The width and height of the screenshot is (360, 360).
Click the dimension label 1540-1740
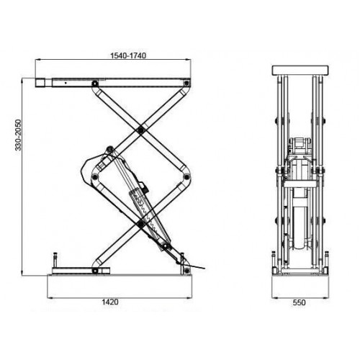[128, 55]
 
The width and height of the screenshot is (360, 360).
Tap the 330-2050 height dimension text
[18, 135]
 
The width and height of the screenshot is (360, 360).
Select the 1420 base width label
[110, 302]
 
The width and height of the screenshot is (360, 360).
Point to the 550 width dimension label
[300, 302]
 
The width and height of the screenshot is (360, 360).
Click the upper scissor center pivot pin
[141, 130]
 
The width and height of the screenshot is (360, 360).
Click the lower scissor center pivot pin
[140, 224]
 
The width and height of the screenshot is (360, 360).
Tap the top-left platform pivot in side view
[95, 84]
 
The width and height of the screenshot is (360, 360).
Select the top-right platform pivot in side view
[186, 83]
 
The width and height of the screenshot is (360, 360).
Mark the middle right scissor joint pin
[186, 177]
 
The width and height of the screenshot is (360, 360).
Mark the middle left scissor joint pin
[95, 177]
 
